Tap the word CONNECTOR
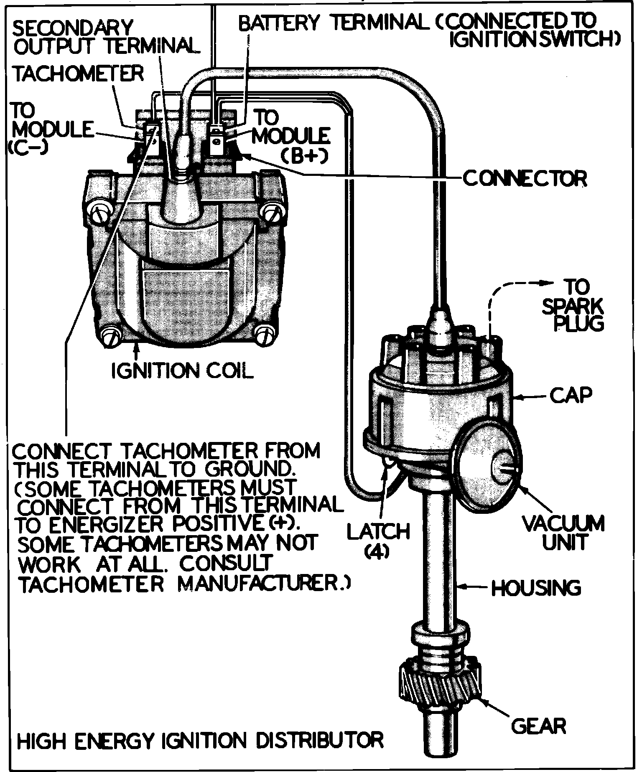click(525, 179)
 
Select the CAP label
click(571, 395)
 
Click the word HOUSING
click(536, 588)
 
